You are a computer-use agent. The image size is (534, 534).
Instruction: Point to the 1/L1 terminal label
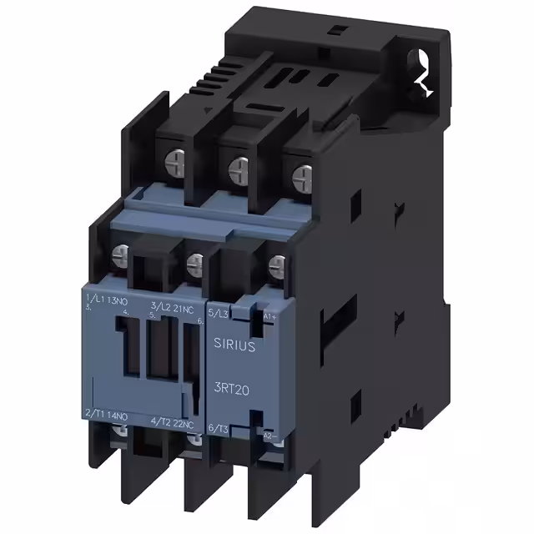(93, 299)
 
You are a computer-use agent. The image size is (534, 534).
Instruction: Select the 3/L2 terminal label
(159, 306)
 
